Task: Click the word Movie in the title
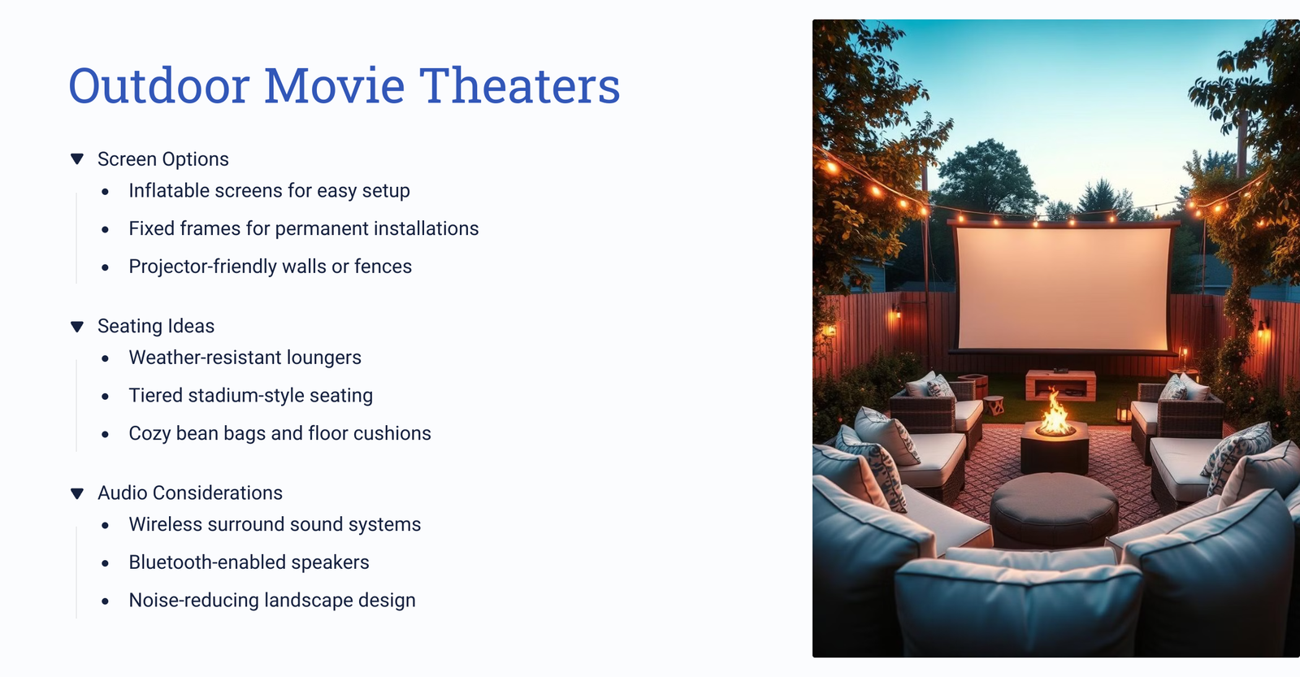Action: pyautogui.click(x=334, y=86)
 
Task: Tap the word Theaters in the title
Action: pyautogui.click(x=519, y=86)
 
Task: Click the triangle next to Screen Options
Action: pyautogui.click(x=76, y=159)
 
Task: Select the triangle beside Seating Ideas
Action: pyautogui.click(x=76, y=326)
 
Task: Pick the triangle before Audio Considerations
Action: pyautogui.click(x=76, y=493)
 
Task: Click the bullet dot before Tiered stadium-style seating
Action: pyautogui.click(x=105, y=397)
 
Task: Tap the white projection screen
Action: pyautogui.click(x=1063, y=289)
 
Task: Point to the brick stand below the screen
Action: pyautogui.click(x=1060, y=384)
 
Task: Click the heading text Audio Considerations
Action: pyautogui.click(x=190, y=493)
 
